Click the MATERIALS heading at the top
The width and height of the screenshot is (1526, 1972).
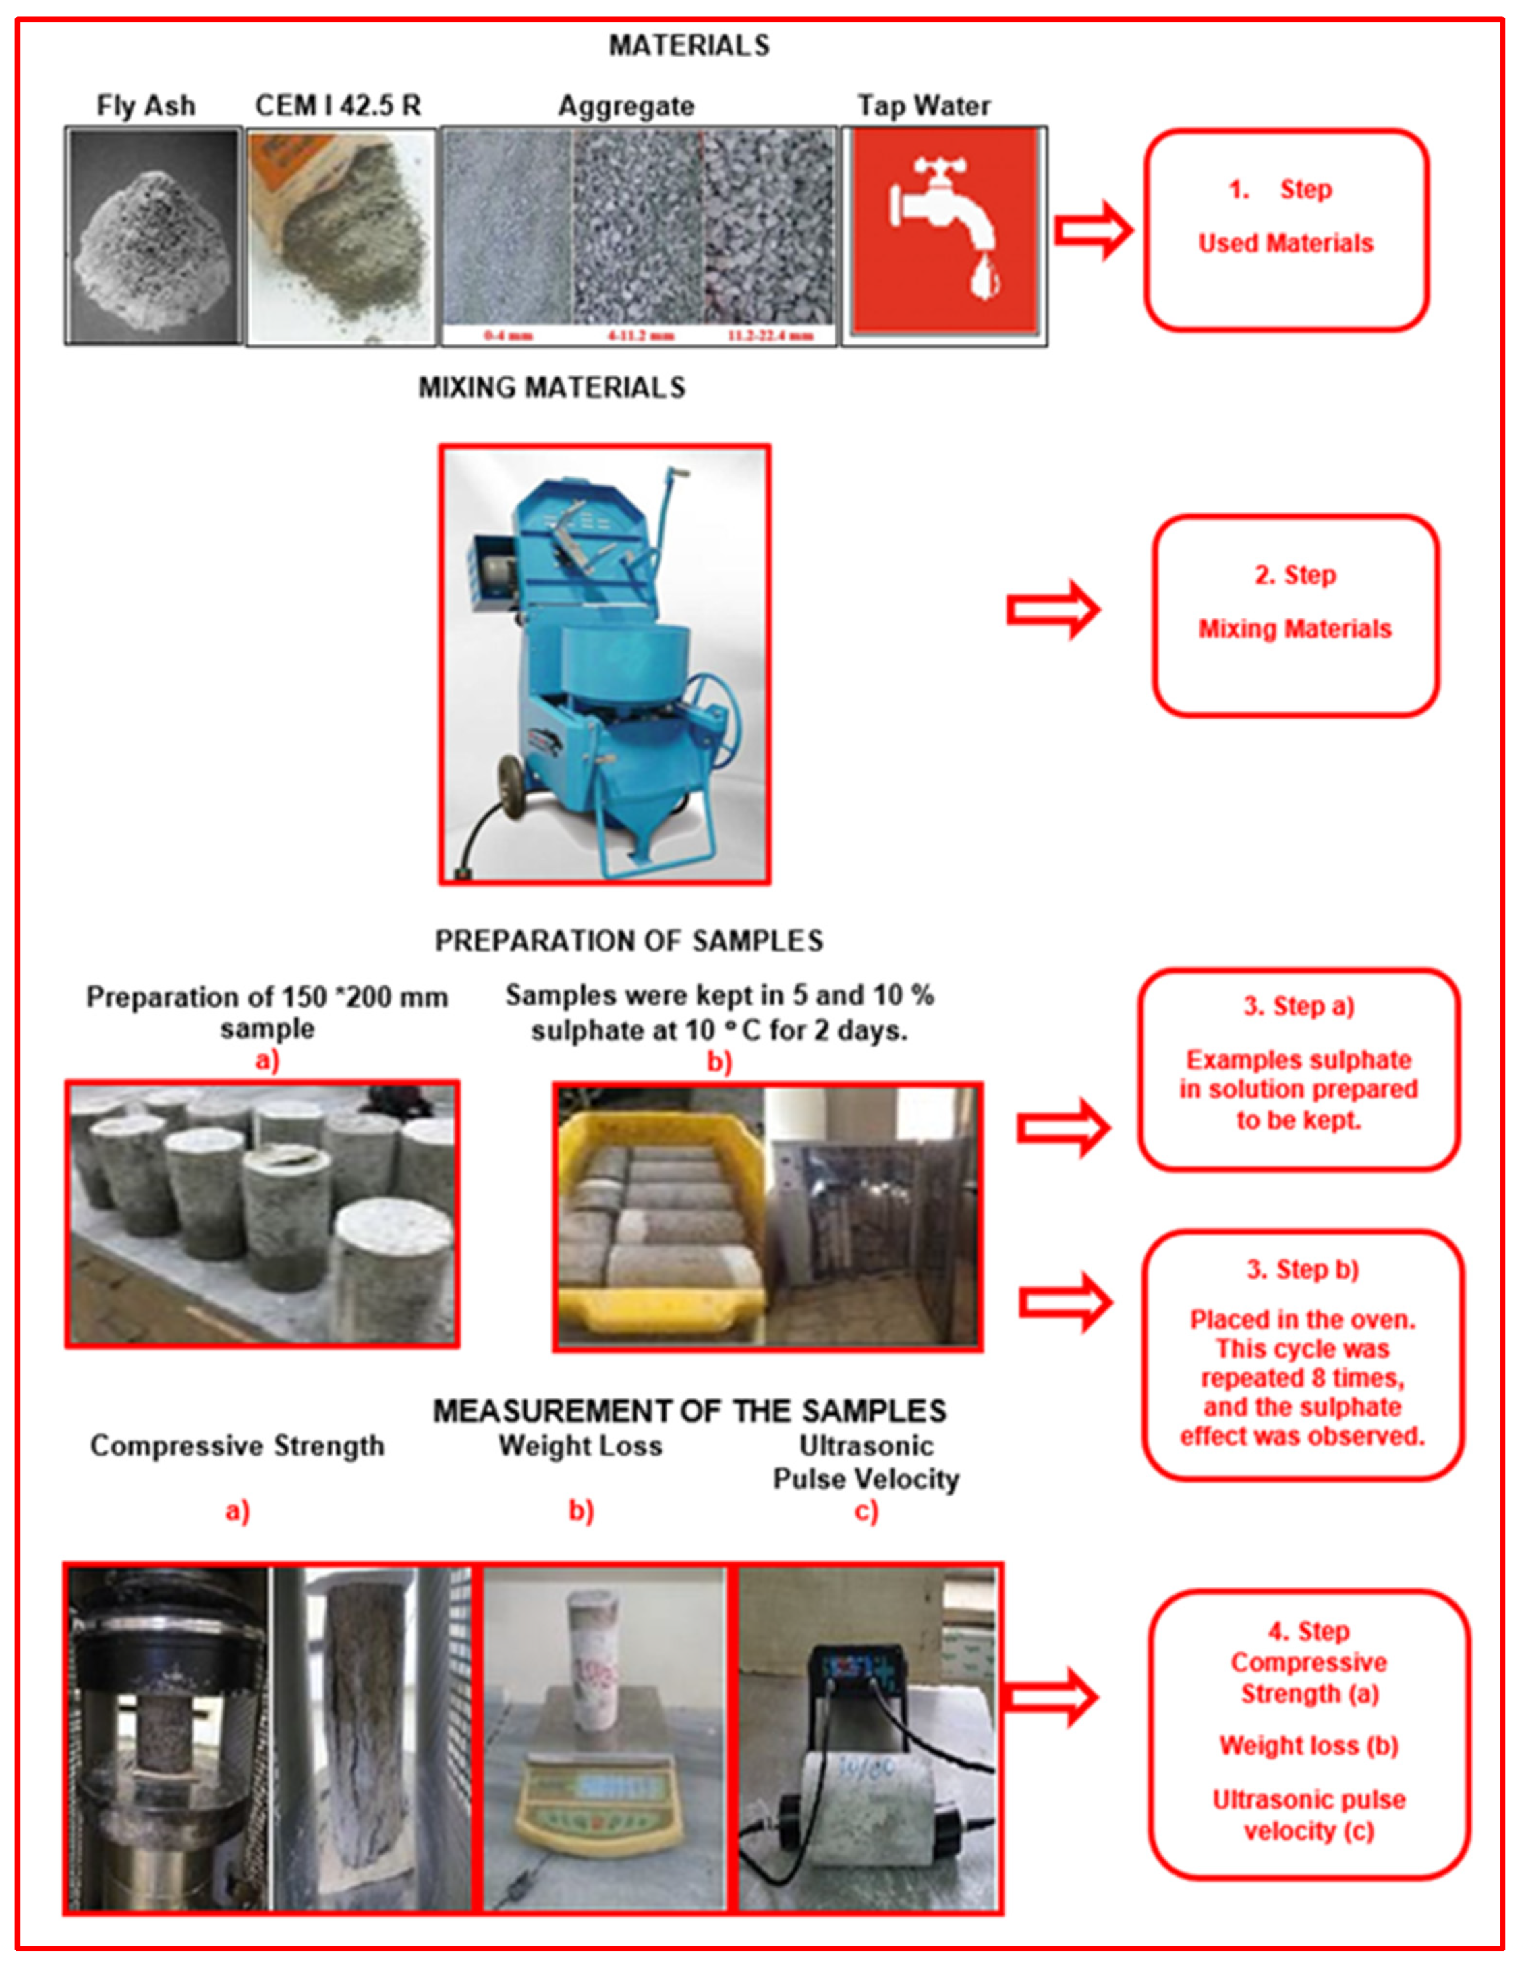click(x=689, y=45)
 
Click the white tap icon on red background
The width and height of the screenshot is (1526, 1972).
click(x=944, y=230)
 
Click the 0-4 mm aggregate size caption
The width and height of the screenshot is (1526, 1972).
click(x=507, y=336)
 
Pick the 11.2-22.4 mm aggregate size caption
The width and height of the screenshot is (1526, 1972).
click(x=770, y=336)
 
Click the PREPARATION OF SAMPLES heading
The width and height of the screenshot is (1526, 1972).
click(x=629, y=941)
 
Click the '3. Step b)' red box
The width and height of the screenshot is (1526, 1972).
click(x=1302, y=1354)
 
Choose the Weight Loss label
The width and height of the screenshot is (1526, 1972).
click(x=580, y=1446)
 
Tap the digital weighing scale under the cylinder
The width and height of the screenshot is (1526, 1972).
click(x=596, y=1797)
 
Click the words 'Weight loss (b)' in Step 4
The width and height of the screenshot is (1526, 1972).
click(x=1309, y=1745)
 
